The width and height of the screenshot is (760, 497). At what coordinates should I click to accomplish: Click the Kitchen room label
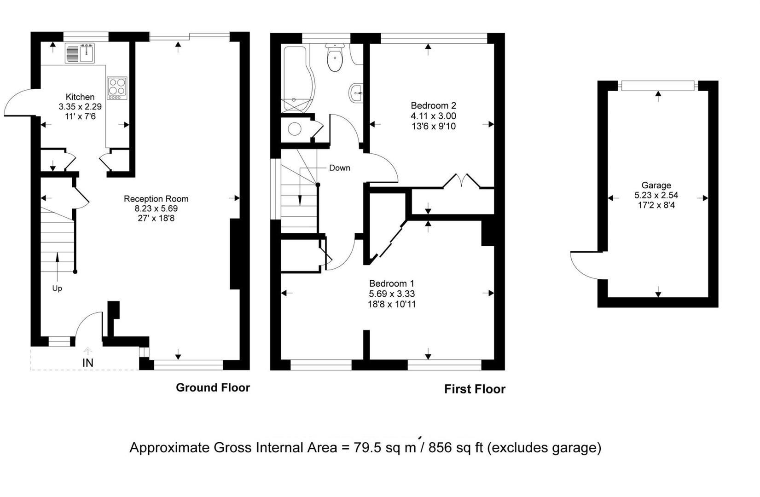80,97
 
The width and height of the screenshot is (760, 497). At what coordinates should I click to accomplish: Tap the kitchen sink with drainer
80,53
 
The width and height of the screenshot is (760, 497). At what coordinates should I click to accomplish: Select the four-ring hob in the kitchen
117,88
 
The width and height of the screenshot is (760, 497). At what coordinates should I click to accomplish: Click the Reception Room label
156,199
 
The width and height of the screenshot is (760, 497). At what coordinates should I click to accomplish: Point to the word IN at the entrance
88,363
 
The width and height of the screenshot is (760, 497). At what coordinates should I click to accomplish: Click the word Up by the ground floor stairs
57,289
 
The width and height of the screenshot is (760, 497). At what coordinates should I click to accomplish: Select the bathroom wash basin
356,92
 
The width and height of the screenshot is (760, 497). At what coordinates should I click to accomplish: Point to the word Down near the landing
340,168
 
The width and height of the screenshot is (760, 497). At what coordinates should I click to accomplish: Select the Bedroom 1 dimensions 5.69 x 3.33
392,294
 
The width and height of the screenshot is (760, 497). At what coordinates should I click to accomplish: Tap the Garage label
656,185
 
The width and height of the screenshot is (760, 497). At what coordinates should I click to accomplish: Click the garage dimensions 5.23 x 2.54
656,196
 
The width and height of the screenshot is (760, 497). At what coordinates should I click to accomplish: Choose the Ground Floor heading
213,387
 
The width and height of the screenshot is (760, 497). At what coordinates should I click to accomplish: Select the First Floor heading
475,389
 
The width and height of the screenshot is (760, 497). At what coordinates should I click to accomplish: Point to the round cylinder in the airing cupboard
295,129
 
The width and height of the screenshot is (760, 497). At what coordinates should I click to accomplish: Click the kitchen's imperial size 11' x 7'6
80,117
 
